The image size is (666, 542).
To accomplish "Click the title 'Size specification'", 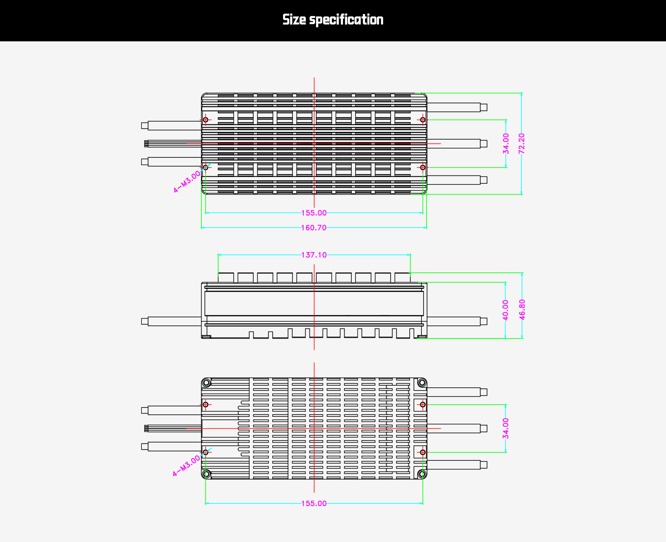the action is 333,20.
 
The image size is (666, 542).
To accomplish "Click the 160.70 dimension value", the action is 314,228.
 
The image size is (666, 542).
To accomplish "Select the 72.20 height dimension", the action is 521,143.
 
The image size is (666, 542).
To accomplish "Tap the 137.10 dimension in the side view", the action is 314,255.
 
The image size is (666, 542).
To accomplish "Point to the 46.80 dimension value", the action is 522,310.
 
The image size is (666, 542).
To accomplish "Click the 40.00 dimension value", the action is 505,310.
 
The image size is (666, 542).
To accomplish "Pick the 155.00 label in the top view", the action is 314,213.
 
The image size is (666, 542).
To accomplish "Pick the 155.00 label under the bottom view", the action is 314,503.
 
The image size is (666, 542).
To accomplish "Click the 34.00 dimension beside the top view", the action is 506,143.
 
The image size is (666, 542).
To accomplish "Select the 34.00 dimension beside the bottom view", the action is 506,428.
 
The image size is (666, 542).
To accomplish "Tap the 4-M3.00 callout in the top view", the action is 187,181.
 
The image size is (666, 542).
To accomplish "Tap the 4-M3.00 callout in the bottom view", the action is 187,466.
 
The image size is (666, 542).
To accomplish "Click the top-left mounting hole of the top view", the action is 206,120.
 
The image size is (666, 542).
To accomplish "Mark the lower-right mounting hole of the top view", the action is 422,167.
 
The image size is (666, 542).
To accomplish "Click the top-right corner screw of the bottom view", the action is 422,383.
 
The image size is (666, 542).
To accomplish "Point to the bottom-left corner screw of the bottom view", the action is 206,474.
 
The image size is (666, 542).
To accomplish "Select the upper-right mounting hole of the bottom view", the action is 422,404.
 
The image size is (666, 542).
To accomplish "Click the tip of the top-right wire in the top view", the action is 484,107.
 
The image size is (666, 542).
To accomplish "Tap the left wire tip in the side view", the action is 145,321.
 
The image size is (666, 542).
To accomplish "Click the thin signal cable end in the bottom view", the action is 146,428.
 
